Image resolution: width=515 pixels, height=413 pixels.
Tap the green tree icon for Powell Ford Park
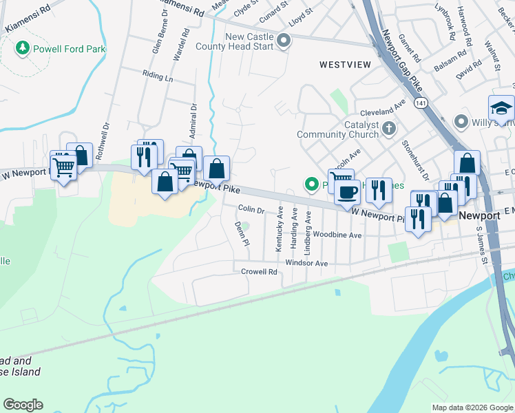23,48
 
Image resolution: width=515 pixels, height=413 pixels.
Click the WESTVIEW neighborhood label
345,64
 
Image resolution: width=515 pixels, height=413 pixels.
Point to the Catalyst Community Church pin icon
389,128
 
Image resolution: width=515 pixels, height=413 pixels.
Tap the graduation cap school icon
501,108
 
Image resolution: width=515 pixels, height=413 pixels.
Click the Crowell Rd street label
259,272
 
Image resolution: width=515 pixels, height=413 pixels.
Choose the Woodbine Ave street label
337,235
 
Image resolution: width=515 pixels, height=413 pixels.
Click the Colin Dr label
251,209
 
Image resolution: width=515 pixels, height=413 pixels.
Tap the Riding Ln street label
158,77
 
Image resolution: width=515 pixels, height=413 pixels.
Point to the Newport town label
479,215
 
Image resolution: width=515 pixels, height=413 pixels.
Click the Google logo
23,405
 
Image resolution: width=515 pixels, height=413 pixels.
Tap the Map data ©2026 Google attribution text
472,407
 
